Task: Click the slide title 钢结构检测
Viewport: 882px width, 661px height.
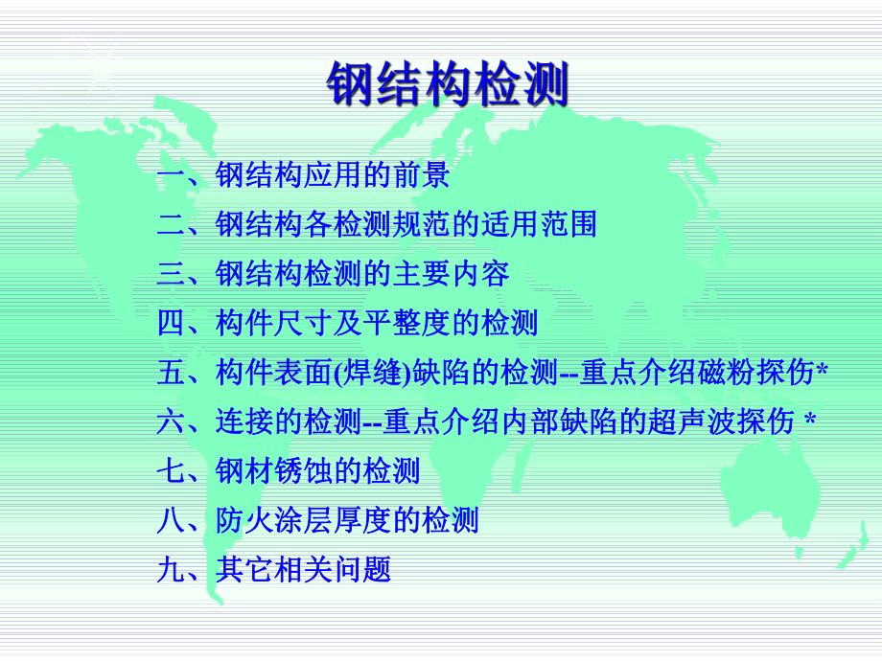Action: pyautogui.click(x=448, y=84)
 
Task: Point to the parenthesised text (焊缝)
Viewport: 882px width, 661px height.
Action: pyautogui.click(x=370, y=374)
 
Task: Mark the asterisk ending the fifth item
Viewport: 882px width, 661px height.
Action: pyautogui.click(x=822, y=371)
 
